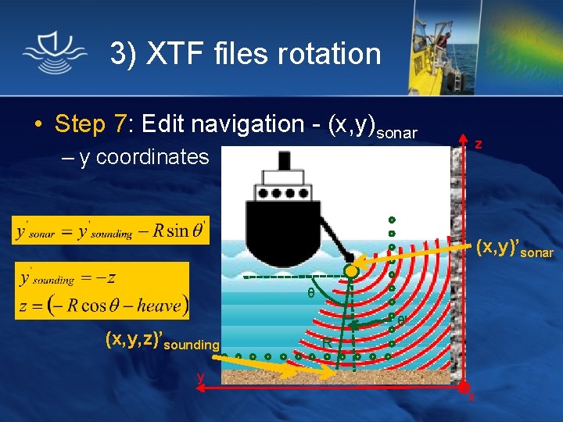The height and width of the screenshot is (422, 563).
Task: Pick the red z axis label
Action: [479, 144]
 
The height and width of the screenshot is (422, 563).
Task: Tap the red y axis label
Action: [201, 377]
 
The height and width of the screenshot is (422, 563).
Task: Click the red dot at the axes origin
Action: [463, 387]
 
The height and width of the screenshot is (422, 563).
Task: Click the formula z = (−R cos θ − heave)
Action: [102, 305]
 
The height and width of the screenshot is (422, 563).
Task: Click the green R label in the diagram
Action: [328, 342]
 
